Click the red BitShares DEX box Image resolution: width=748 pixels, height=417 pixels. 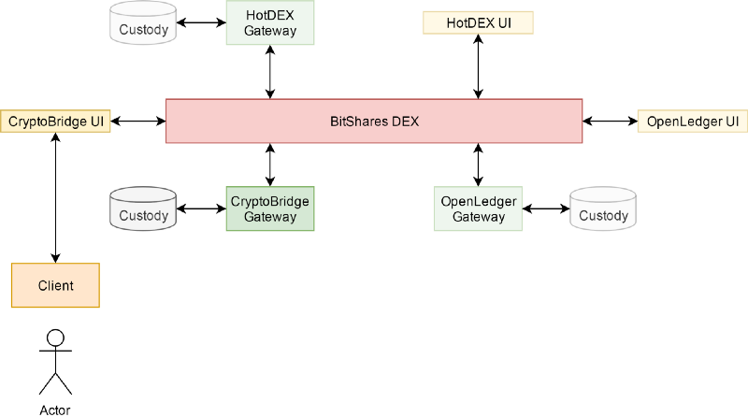(374, 121)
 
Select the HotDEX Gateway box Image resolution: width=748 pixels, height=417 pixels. (270, 22)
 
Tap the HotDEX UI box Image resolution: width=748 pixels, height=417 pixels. (478, 22)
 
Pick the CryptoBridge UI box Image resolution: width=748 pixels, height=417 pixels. (55, 121)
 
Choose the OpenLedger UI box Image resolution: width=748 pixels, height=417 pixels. (693, 122)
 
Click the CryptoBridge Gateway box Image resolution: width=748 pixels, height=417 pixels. (270, 208)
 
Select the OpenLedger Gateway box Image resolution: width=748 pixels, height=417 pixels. (479, 208)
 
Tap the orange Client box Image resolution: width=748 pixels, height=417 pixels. (55, 285)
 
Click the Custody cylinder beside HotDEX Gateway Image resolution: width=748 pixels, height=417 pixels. (143, 23)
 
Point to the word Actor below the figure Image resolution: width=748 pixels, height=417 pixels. (55, 410)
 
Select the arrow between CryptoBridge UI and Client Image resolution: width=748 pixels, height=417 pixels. (55, 197)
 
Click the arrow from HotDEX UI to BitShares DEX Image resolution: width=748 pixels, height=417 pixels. (478, 66)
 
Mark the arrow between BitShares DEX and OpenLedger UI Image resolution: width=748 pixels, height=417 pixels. (610, 121)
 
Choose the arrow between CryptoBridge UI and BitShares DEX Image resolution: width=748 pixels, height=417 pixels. (137, 121)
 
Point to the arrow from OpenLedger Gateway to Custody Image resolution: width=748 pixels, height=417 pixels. (546, 208)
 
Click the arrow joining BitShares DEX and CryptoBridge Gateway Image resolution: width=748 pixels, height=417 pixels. (270, 165)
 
